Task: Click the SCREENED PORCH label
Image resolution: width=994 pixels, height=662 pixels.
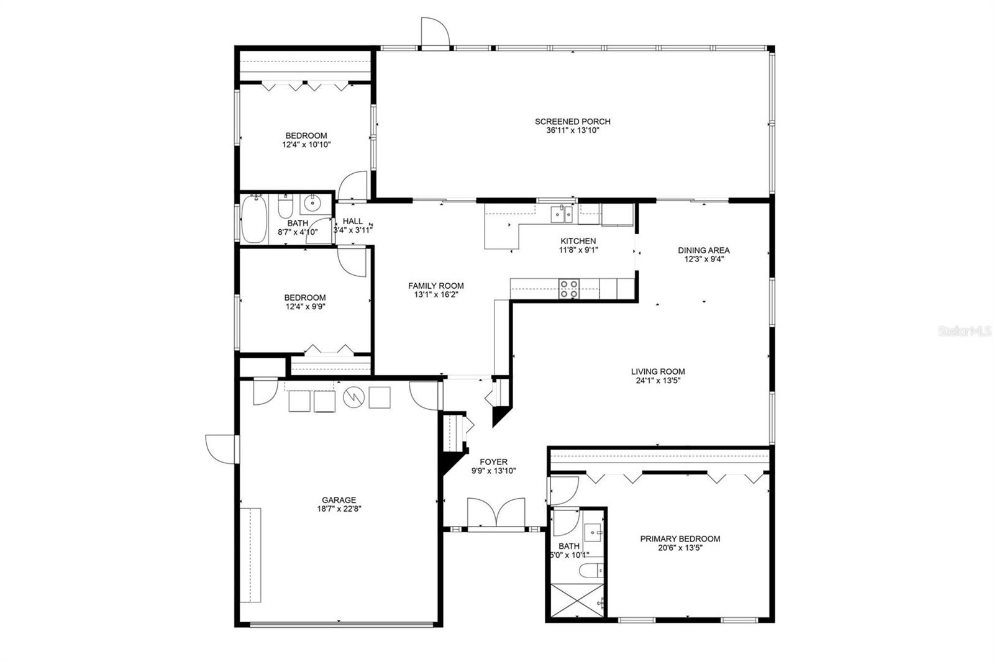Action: (573, 122)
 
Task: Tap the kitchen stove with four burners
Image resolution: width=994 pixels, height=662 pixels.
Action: (569, 289)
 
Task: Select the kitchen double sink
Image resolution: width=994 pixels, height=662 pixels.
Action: (563, 214)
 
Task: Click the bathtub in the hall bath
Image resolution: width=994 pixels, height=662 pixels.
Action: (253, 219)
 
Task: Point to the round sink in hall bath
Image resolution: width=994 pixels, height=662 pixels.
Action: (311, 202)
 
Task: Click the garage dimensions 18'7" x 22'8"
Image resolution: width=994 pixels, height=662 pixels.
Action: (339, 509)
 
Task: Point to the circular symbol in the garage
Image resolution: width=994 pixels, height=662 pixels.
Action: (353, 397)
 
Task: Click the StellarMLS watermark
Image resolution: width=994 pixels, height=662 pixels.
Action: (965, 332)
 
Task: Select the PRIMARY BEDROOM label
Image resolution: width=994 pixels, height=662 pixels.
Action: (680, 538)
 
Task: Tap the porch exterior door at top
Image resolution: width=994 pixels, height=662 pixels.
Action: (434, 32)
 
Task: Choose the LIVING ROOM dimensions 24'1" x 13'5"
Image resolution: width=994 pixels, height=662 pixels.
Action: (658, 381)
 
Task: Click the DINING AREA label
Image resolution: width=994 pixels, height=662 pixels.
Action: (703, 250)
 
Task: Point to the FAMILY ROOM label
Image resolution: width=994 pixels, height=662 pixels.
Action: (435, 286)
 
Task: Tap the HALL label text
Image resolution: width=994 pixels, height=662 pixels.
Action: (352, 221)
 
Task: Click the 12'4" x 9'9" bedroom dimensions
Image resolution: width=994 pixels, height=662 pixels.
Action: (304, 306)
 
